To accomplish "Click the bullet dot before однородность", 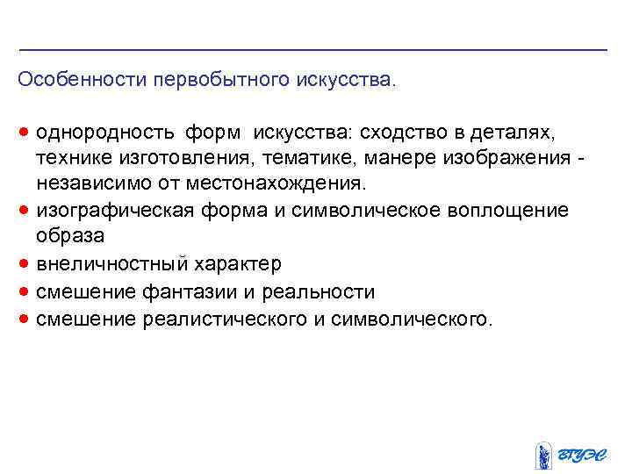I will coord(24,133).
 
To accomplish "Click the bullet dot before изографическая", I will coord(24,211).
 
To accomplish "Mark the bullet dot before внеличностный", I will coord(24,264).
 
